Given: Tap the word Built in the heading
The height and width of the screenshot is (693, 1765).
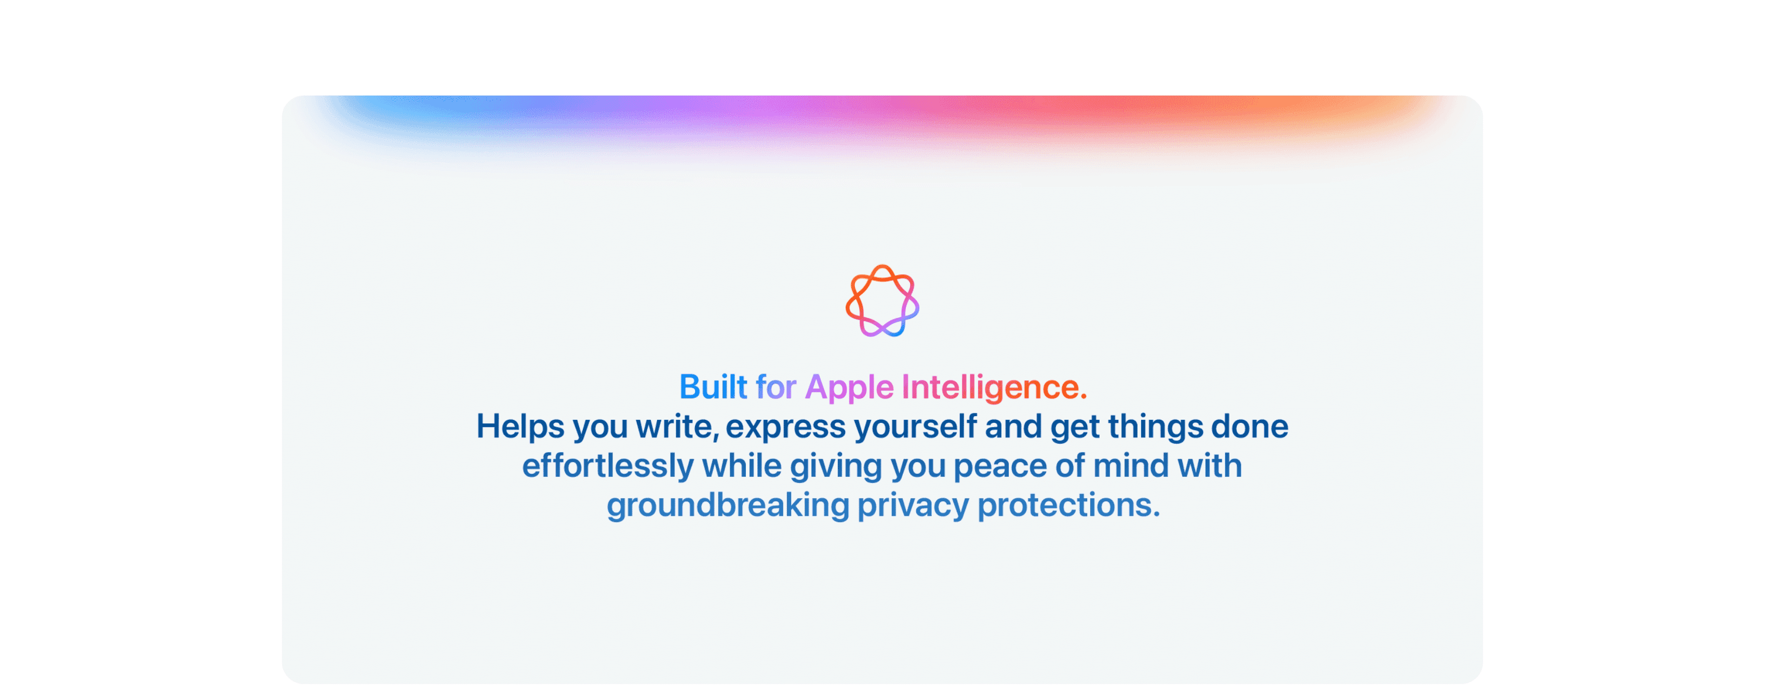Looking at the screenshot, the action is tap(713, 388).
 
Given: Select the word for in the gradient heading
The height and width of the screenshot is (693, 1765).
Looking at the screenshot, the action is tap(775, 388).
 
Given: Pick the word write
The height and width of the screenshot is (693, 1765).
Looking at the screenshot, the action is tap(677, 427).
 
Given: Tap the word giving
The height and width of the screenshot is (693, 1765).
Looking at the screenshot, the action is tap(836, 468).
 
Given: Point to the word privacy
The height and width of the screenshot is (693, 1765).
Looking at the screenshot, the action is tap(913, 507).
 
